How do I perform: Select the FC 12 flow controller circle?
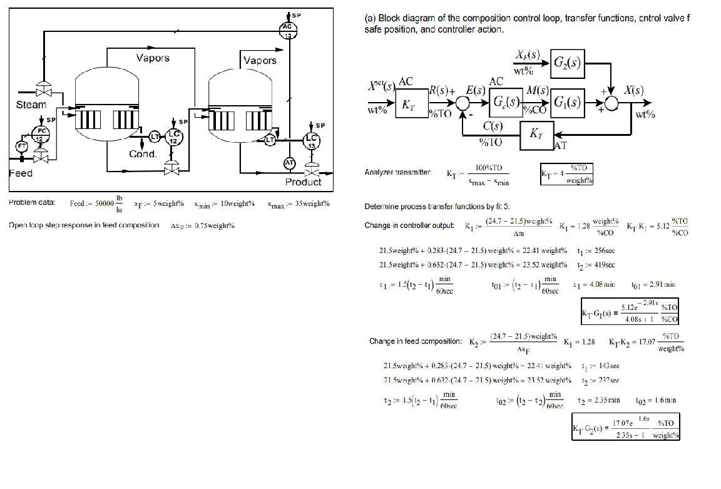(x=39, y=134)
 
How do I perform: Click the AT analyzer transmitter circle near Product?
(x=289, y=163)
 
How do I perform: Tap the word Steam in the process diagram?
(x=31, y=105)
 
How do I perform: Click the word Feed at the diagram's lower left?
(x=21, y=173)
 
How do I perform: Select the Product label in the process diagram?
(x=303, y=182)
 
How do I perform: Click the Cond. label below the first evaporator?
(x=142, y=153)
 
